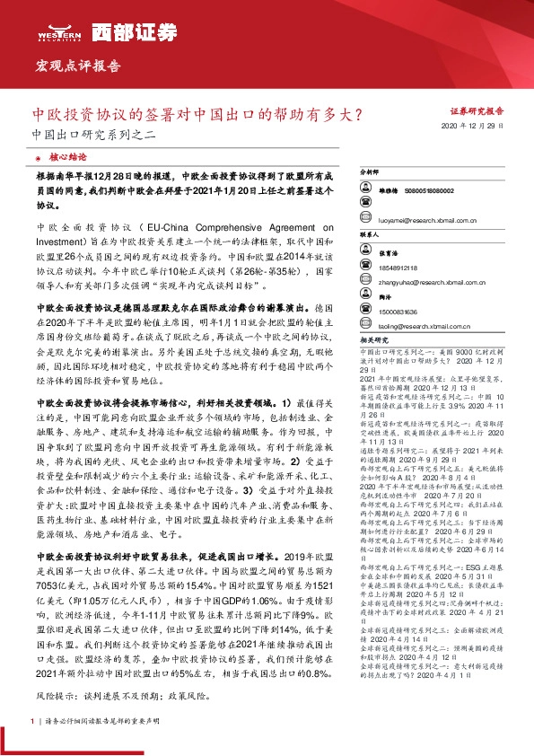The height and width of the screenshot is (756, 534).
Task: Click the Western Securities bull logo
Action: (x=59, y=32)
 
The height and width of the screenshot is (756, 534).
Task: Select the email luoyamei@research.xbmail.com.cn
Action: (x=422, y=219)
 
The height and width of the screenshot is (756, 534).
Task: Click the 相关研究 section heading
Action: (x=372, y=341)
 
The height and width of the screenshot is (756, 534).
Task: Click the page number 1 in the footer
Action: (x=33, y=720)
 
